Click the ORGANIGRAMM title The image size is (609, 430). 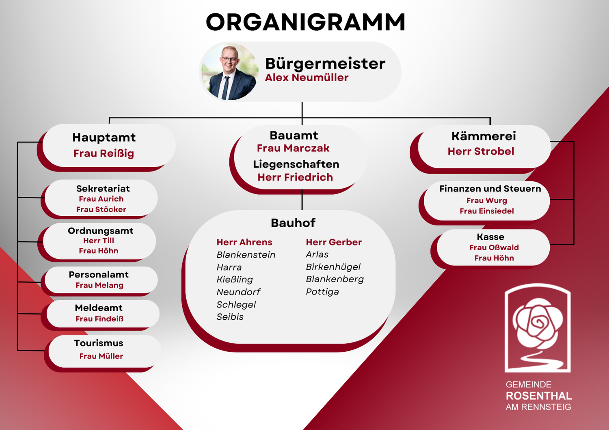click(x=306, y=22)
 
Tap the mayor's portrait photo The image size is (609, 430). click(x=230, y=72)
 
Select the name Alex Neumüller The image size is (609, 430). click(x=307, y=78)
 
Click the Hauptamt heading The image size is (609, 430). click(x=104, y=138)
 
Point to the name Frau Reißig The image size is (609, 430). click(x=104, y=153)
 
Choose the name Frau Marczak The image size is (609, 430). click(x=293, y=148)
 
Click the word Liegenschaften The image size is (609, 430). click(x=296, y=164)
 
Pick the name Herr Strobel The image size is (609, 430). click(x=481, y=151)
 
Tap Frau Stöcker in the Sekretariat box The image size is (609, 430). click(x=101, y=209)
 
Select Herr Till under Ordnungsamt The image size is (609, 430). click(x=98, y=241)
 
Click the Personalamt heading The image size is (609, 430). click(x=98, y=275)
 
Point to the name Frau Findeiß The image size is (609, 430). click(x=99, y=318)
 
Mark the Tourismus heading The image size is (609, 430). click(x=99, y=343)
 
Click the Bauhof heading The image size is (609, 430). click(x=293, y=223)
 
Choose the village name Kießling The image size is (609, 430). click(x=235, y=279)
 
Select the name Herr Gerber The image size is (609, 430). click(x=334, y=242)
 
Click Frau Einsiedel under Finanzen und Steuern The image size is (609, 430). click(x=487, y=211)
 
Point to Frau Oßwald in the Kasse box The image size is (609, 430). click(x=494, y=247)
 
